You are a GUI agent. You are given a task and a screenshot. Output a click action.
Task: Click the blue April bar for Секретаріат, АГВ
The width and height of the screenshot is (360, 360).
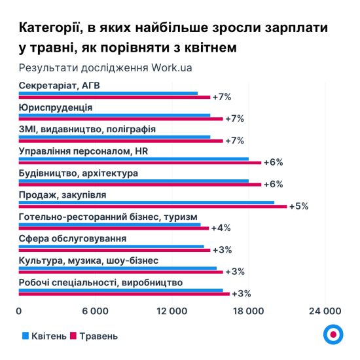[x=108, y=94]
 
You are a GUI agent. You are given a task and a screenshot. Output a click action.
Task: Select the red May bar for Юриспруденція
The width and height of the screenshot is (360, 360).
[x=121, y=119]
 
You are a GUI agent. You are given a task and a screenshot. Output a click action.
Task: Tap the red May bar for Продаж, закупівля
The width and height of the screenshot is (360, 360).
[x=153, y=206]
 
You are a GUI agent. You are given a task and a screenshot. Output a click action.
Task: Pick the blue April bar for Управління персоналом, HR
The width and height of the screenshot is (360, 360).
[x=134, y=158]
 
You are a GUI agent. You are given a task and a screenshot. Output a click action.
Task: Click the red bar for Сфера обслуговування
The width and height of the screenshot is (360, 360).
[x=115, y=250]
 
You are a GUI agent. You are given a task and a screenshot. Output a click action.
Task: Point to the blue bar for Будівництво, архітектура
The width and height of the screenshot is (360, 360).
[x=134, y=181]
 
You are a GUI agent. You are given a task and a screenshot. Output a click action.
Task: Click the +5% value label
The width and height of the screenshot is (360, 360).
[x=298, y=206]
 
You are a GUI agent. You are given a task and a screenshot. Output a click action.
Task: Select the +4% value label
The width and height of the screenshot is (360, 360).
[x=221, y=228]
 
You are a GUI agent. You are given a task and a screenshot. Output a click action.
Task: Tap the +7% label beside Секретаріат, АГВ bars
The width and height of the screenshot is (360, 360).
[x=222, y=98]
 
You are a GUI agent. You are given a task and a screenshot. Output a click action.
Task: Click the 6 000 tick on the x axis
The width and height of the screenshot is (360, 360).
[x=95, y=310]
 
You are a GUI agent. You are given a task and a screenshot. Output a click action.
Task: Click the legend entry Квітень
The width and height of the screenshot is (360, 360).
[x=45, y=336]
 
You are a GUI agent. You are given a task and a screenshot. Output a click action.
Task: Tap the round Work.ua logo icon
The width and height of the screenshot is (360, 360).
[x=333, y=334]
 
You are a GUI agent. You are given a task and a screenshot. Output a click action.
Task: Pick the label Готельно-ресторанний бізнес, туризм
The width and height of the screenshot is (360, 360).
[x=108, y=217]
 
